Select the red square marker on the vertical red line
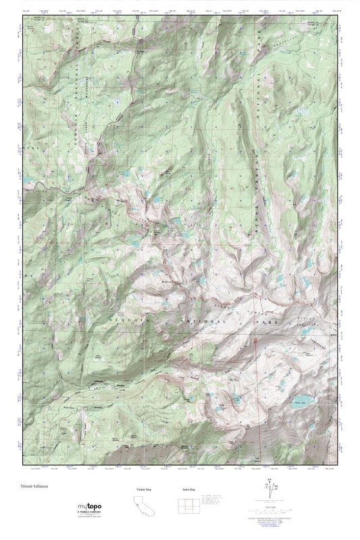point(255,340)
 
